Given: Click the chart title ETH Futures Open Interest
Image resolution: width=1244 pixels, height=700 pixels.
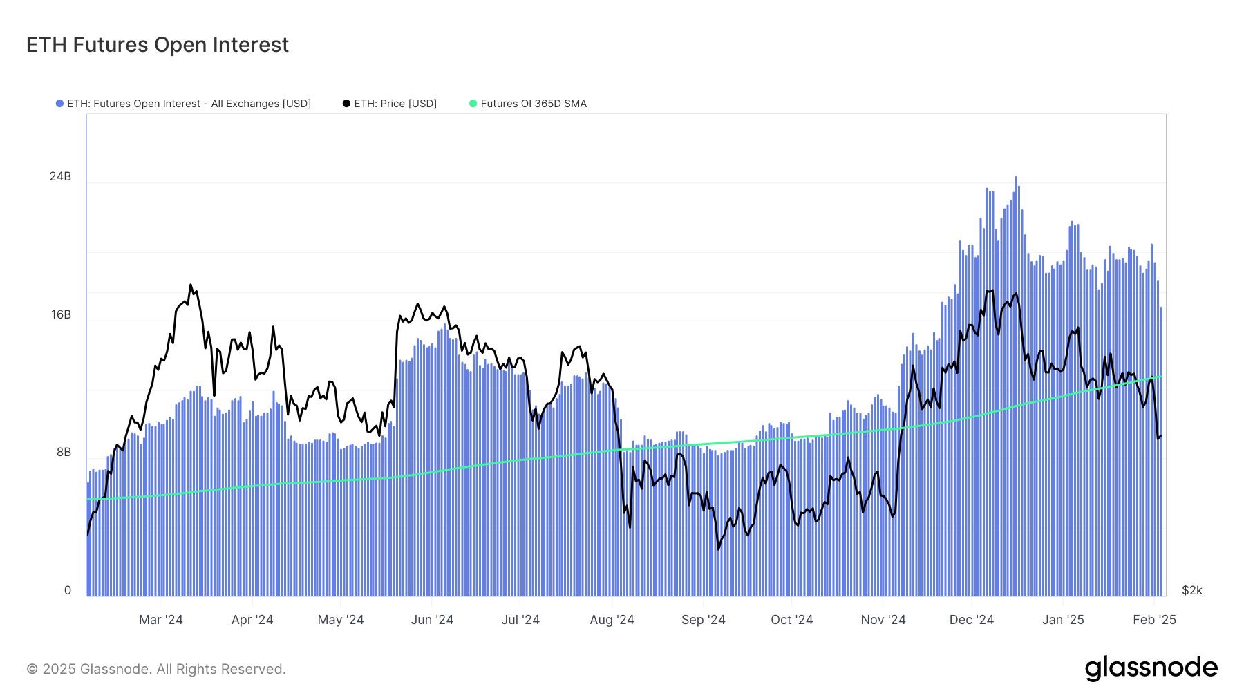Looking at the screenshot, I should [x=158, y=45].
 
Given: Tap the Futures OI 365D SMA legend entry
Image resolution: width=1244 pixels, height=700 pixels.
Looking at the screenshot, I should [x=533, y=104].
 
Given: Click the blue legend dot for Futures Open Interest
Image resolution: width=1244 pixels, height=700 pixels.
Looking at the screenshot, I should [x=59, y=104].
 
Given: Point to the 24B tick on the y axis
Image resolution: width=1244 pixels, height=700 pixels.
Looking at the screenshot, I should [x=60, y=177].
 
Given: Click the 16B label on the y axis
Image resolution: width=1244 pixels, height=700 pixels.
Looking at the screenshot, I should [x=61, y=315].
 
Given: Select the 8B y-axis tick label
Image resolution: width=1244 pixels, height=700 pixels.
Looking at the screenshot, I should [x=64, y=453].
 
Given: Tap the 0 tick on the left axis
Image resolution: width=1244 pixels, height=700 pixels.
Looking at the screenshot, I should [x=68, y=590].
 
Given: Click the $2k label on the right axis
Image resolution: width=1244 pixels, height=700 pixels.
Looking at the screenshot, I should [x=1192, y=590].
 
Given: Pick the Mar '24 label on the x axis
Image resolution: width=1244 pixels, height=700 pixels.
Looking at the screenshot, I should [x=160, y=620].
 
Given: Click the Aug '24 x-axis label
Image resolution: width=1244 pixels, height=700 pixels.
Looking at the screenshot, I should [x=612, y=620].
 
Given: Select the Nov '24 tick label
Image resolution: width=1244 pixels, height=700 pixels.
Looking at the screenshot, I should [x=883, y=620].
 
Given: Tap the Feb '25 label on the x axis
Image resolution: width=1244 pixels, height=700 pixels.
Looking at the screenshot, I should [x=1154, y=620].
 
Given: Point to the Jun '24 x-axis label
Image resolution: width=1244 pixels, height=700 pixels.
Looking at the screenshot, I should [x=432, y=620].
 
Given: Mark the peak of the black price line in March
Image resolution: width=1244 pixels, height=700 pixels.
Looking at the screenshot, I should [x=191, y=285].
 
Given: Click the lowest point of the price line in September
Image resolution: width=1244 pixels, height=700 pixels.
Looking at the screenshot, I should [x=719, y=549].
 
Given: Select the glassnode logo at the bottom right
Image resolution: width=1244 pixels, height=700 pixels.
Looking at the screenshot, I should [x=1151, y=668].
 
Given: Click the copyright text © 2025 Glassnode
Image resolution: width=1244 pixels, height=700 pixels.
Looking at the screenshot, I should [x=156, y=669].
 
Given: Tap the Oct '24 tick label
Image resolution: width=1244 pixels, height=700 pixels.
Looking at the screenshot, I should [x=791, y=620].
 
